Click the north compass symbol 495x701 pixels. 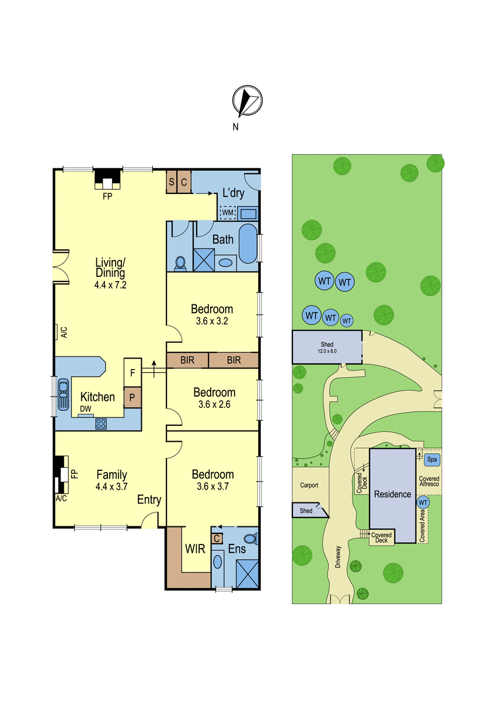click(x=247, y=100)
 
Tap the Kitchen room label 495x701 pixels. click(x=97, y=397)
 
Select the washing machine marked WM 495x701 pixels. click(x=228, y=213)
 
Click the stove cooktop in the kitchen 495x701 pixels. click(x=101, y=424)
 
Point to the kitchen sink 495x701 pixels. click(x=63, y=394)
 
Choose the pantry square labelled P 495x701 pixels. click(x=133, y=397)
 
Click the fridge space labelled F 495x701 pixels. click(x=133, y=373)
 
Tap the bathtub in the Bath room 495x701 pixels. click(x=248, y=244)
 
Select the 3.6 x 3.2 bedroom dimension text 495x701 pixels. click(x=212, y=321)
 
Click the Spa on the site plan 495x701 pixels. click(x=432, y=459)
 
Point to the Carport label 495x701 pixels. click(x=309, y=485)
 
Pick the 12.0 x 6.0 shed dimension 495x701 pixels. click(x=327, y=351)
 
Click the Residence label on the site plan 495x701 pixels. click(x=392, y=494)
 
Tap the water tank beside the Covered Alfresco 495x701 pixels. click(x=423, y=502)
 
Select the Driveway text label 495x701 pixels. click(x=339, y=557)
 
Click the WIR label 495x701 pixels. click(x=195, y=549)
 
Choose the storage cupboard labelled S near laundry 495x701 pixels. click(x=172, y=182)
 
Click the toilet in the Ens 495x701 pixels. click(x=251, y=539)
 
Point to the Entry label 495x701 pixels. click(x=149, y=500)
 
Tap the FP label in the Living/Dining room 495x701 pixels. click(x=107, y=196)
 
